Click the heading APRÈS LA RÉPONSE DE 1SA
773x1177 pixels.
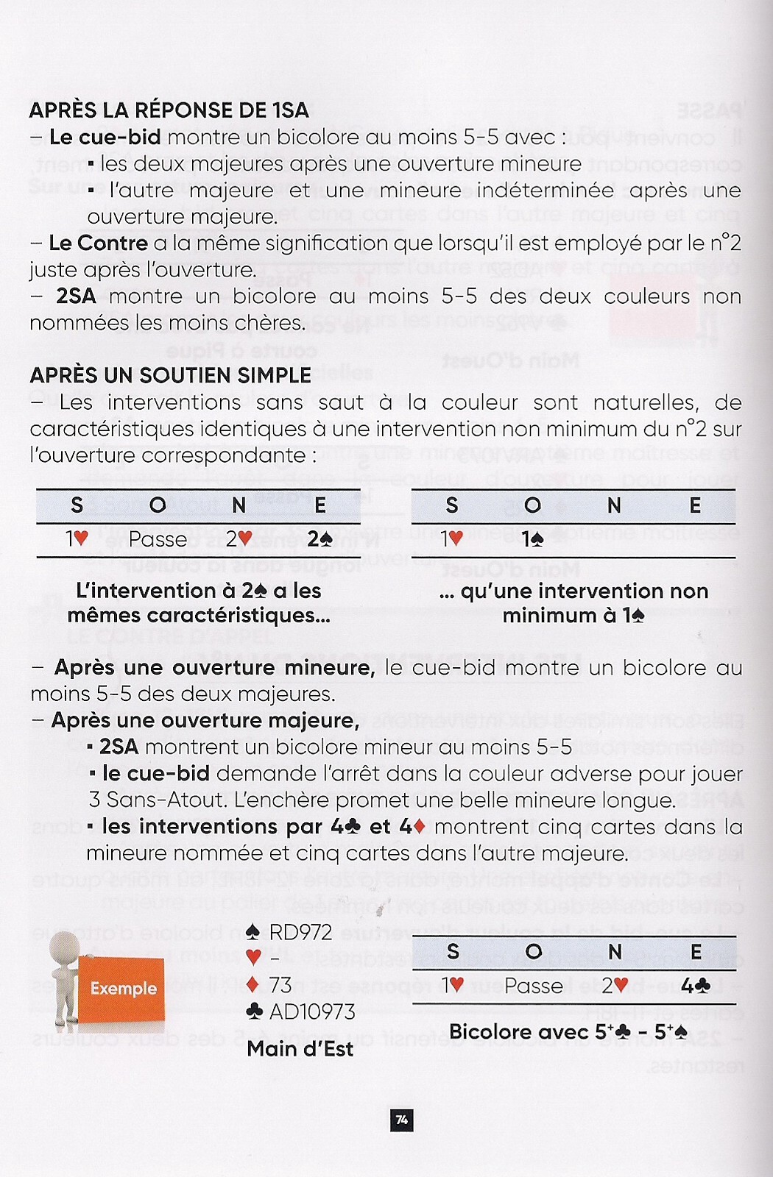[x=169, y=110]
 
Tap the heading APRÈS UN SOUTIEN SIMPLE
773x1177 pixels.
[x=170, y=375]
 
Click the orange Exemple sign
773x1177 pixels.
[x=123, y=988]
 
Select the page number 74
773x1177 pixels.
[x=401, y=1120]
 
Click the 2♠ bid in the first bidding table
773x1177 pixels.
[x=320, y=539]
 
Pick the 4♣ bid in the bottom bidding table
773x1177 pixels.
[x=695, y=985]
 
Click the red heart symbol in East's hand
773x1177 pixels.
[x=254, y=957]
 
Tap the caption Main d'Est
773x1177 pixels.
[x=300, y=1048]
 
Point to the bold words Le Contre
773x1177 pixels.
[x=99, y=243]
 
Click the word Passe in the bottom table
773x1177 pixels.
[x=534, y=985]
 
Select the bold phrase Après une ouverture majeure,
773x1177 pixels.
[x=205, y=720]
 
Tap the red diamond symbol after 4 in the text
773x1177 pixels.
[x=420, y=827]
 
